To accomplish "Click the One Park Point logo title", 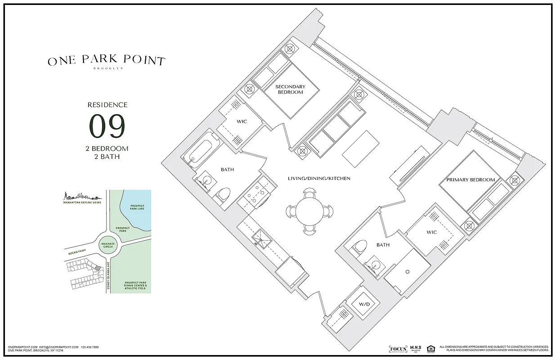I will point(106,61).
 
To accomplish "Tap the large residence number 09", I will point(107,127).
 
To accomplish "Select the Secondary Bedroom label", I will point(290,89).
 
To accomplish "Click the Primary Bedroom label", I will point(470,180).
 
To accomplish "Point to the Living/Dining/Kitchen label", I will point(319,179).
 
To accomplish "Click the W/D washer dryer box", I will point(363,304).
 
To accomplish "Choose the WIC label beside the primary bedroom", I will point(432,233).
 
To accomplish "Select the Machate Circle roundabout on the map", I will point(108,244).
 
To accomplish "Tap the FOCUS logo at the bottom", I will point(398,349).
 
